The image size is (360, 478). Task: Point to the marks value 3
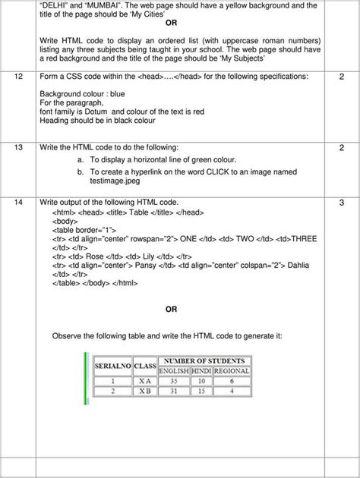click(x=341, y=201)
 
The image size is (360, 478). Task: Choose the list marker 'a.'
click(x=81, y=159)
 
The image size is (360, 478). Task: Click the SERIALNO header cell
click(x=111, y=366)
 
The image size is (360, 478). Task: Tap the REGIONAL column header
click(x=233, y=370)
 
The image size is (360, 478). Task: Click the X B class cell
click(x=144, y=392)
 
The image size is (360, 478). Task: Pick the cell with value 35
click(x=173, y=381)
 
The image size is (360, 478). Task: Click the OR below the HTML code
click(x=171, y=309)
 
